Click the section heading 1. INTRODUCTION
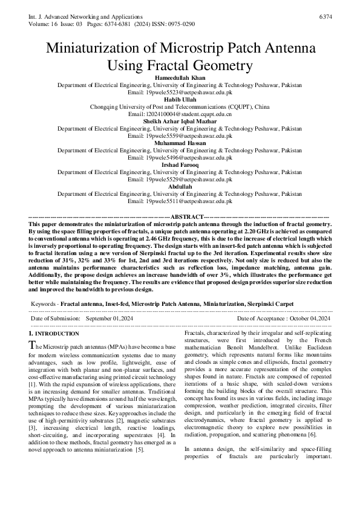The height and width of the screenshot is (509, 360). pos(54,334)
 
